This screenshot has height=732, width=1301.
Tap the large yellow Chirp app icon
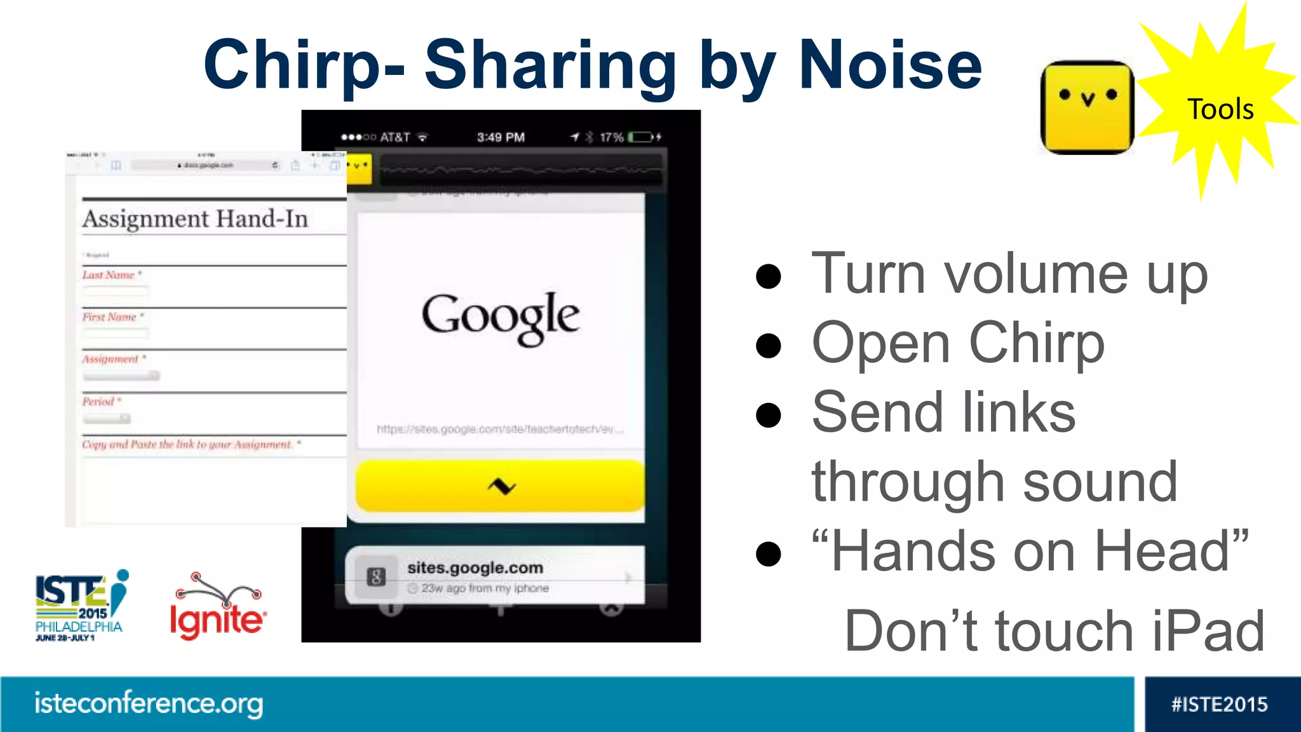point(1088,107)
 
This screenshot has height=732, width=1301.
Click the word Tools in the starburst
point(1220,109)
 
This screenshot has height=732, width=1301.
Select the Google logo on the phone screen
point(501,317)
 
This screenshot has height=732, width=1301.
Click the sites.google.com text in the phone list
point(475,567)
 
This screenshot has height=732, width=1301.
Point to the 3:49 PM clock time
point(501,137)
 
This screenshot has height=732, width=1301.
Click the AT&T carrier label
point(394,137)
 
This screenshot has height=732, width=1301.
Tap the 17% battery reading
point(611,137)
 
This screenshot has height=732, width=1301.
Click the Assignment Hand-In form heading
point(195,219)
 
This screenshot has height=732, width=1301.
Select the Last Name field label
point(109,275)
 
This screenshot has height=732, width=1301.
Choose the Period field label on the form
point(98,402)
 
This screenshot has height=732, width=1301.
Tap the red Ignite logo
point(217,609)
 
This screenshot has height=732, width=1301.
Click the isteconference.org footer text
point(149,703)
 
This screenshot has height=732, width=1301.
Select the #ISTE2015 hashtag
point(1219,704)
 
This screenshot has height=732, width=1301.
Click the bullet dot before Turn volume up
point(768,276)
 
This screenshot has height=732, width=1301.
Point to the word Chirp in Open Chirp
point(1037,344)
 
